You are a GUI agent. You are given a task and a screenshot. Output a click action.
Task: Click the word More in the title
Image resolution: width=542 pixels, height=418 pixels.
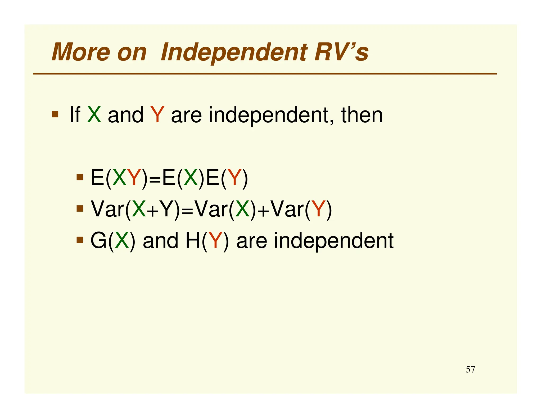coord(80,52)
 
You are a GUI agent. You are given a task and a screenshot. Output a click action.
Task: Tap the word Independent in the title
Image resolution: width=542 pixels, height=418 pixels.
coord(234,52)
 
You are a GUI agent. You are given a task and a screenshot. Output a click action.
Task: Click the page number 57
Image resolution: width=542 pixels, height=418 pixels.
coord(470,369)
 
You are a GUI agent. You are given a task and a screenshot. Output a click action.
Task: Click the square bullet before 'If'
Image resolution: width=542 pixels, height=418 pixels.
coord(55,114)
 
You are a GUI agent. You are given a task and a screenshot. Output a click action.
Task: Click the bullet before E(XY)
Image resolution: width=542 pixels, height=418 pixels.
coord(80,177)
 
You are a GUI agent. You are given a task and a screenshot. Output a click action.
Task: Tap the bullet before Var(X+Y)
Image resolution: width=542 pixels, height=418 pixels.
coord(80,209)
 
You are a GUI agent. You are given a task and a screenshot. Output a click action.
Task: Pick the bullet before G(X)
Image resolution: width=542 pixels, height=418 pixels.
coord(80,240)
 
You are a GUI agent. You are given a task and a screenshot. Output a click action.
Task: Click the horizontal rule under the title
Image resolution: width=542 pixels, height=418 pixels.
coord(265,74)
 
